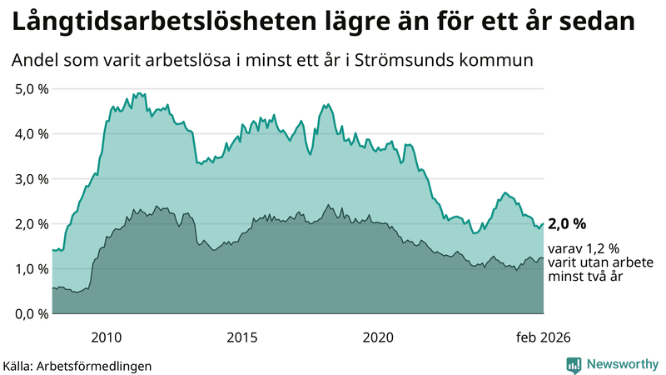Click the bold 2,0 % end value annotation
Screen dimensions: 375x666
[x=568, y=223]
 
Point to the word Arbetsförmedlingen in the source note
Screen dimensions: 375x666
[x=99, y=365]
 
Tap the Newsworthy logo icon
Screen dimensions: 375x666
[x=574, y=364]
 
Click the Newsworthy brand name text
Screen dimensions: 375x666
[x=621, y=364]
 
